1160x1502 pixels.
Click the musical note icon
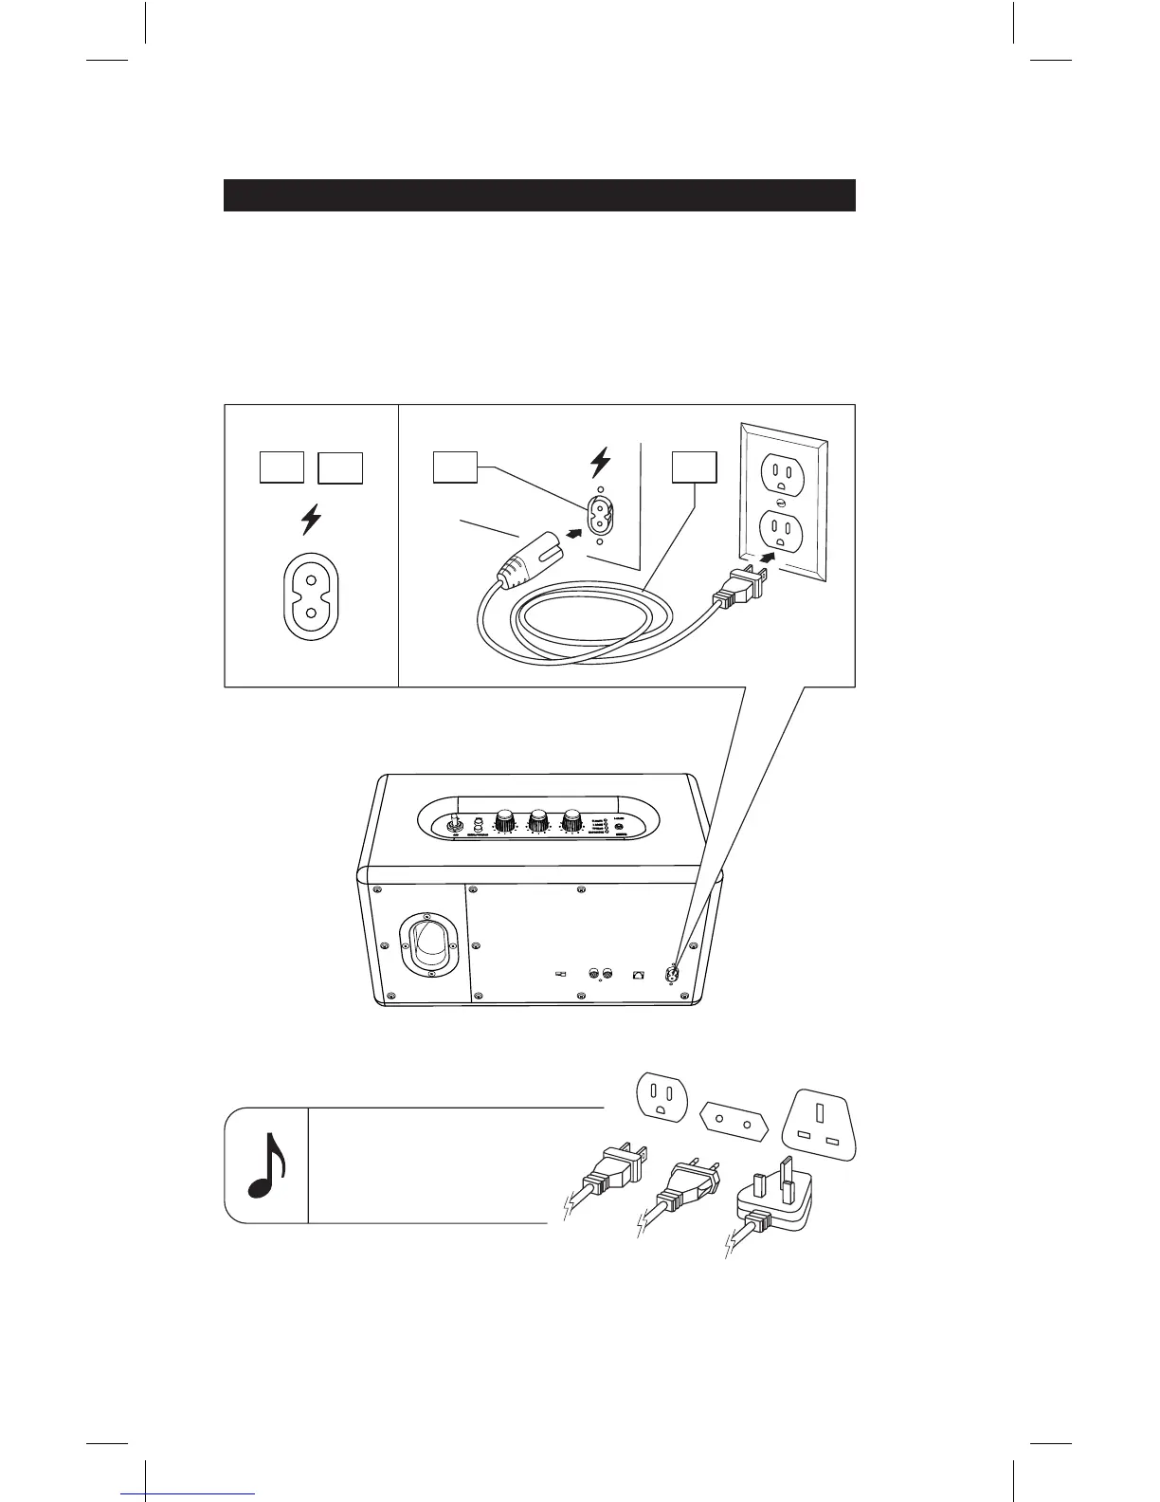[x=266, y=1165]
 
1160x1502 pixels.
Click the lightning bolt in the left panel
[x=311, y=521]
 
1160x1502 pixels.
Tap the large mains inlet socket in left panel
[x=311, y=597]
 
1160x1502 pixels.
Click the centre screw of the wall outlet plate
[x=780, y=501]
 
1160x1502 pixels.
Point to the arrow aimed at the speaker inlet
[x=571, y=533]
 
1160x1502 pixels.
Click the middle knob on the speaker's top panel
[x=538, y=820]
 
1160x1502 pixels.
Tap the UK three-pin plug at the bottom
[x=772, y=1204]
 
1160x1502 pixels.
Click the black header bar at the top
[x=539, y=194]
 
